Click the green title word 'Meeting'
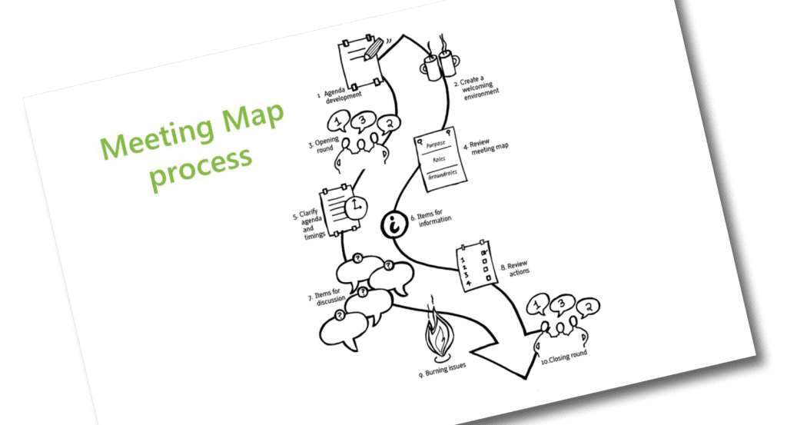[x=153, y=137]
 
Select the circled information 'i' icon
[x=396, y=225]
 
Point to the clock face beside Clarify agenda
[x=356, y=207]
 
